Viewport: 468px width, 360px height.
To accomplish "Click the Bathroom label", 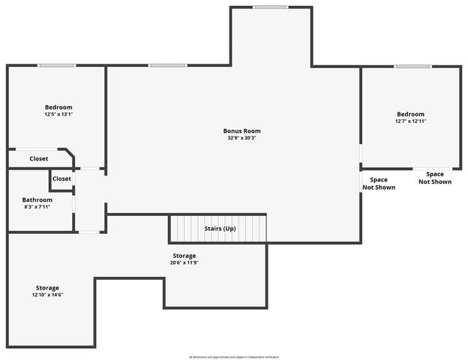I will pyautogui.click(x=37, y=199).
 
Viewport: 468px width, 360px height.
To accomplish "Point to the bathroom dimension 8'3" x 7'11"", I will pyautogui.click(x=37, y=207).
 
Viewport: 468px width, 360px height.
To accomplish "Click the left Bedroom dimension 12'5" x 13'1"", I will pyautogui.click(x=58, y=114).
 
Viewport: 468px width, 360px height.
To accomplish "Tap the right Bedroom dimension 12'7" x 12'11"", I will pyautogui.click(x=411, y=121).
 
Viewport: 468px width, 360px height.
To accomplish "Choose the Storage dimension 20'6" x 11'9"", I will pyautogui.click(x=184, y=262).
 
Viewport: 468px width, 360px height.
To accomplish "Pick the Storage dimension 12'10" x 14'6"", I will pyautogui.click(x=47, y=295).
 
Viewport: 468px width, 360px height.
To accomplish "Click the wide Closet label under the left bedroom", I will pyautogui.click(x=39, y=159).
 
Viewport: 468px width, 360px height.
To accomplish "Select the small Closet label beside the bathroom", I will pyautogui.click(x=61, y=178).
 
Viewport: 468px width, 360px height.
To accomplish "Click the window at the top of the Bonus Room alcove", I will pyautogui.click(x=270, y=7).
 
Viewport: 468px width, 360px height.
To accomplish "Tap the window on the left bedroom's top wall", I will pyautogui.click(x=57, y=66).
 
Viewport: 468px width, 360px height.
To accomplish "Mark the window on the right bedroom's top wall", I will pyautogui.click(x=412, y=67).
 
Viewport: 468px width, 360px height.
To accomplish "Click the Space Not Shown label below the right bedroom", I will pyautogui.click(x=435, y=178).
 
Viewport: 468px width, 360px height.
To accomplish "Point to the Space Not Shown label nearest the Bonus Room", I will pyautogui.click(x=379, y=183).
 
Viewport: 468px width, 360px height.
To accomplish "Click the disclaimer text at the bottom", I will pyautogui.click(x=234, y=356).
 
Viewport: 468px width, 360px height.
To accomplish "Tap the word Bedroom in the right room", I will pyautogui.click(x=411, y=114).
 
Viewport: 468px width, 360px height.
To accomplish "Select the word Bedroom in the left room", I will pyautogui.click(x=58, y=106).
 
